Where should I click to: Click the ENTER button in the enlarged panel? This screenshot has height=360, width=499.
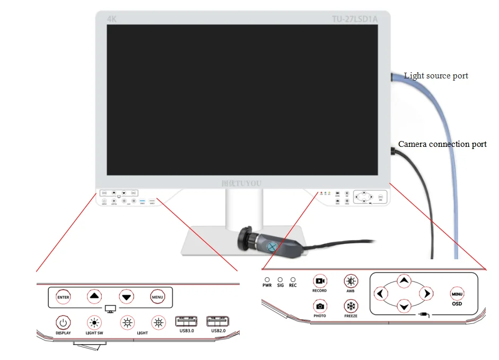point(63,297)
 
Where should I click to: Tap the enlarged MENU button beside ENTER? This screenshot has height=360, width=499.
point(157,297)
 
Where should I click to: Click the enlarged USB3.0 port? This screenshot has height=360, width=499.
point(186,322)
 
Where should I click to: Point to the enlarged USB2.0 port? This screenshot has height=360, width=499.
point(218,322)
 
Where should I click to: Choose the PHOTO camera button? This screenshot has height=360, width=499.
point(319,306)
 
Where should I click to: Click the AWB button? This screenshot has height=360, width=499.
point(351,281)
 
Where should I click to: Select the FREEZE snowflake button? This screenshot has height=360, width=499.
point(351,306)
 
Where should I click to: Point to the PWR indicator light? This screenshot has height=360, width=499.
point(267,279)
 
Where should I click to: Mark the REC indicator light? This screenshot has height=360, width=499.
point(293,279)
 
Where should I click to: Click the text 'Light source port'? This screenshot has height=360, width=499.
point(436,76)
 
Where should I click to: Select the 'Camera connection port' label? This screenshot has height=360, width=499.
point(442,144)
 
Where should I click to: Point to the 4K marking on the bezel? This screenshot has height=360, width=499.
point(112,19)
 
